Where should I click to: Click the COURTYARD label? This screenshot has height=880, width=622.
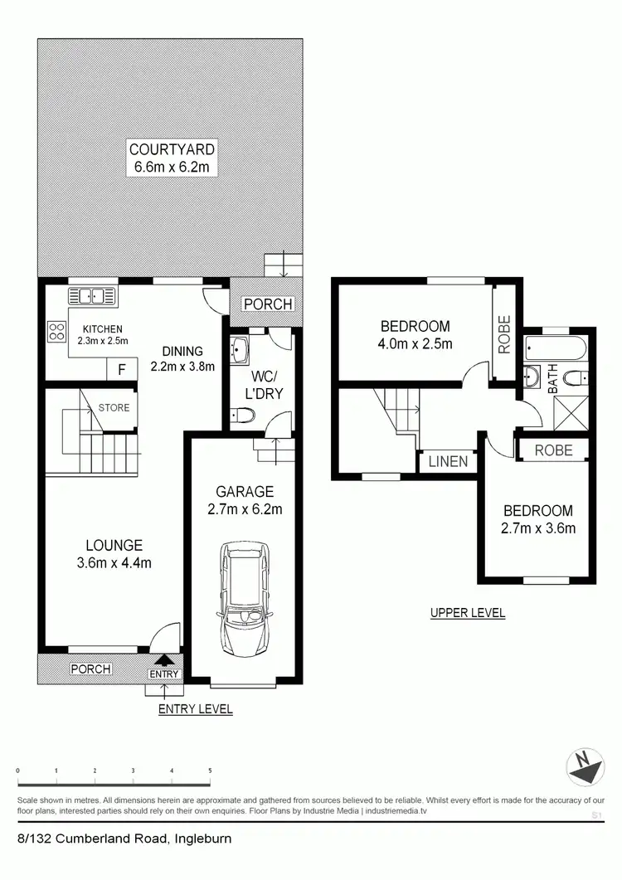click(x=172, y=149)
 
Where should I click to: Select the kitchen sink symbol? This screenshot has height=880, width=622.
click(x=93, y=294)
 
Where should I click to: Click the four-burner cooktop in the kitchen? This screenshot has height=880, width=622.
click(x=57, y=333)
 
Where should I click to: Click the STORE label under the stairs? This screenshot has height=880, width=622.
click(x=114, y=407)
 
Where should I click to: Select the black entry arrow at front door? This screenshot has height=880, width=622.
click(x=164, y=659)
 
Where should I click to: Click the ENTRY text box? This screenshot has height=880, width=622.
click(x=164, y=674)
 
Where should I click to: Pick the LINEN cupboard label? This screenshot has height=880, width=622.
click(x=448, y=462)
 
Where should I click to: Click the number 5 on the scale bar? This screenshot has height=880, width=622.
click(x=210, y=771)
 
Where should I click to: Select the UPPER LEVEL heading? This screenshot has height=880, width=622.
click(x=468, y=614)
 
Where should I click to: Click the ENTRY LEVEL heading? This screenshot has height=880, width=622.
click(x=196, y=709)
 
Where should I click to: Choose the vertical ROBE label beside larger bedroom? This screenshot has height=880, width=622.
click(x=504, y=334)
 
